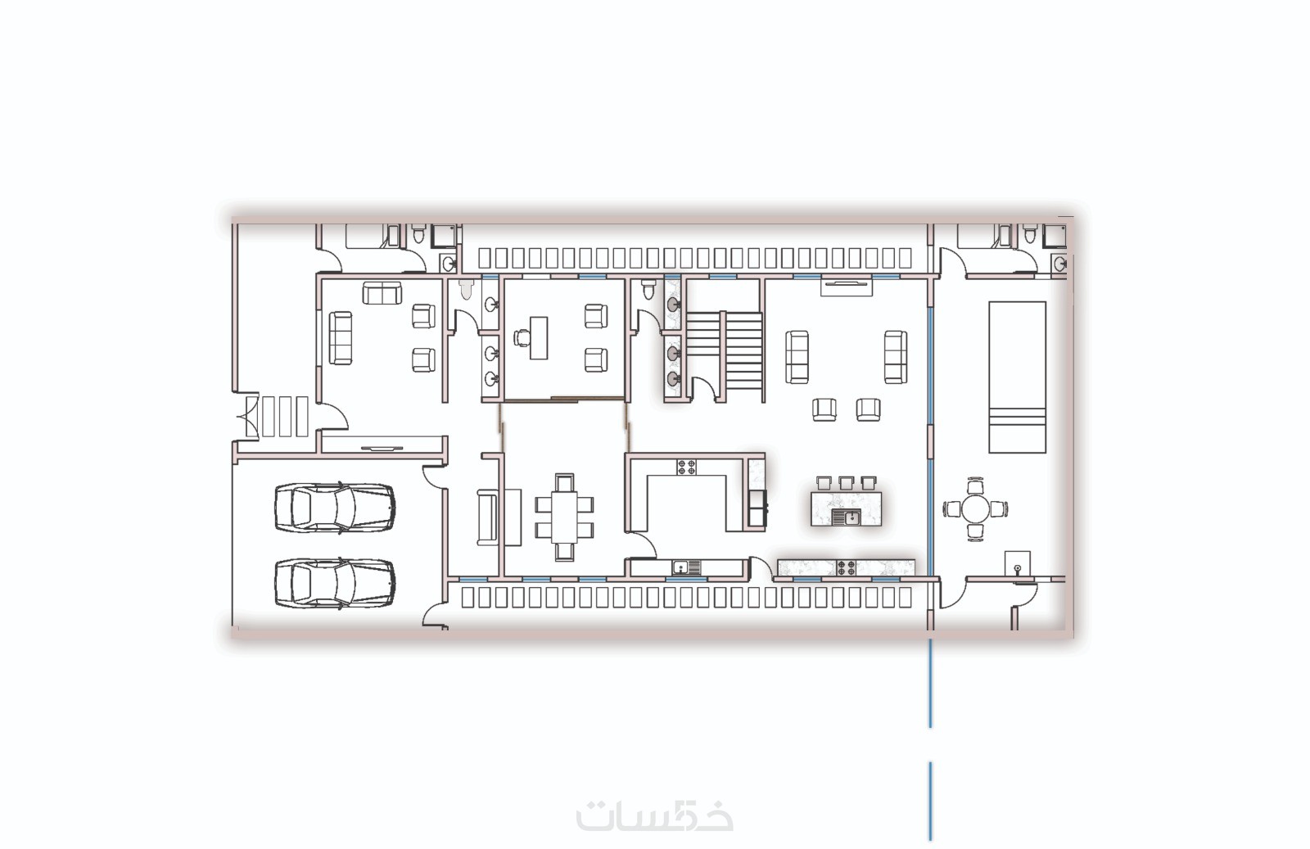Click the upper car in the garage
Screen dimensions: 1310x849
coord(335,508)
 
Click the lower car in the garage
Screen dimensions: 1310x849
coord(335,583)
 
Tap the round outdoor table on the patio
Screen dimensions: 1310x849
coord(974,508)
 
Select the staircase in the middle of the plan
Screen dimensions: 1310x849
coord(725,357)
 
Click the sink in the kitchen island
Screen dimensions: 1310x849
coord(846,517)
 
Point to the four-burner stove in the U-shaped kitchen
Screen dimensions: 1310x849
coord(687,467)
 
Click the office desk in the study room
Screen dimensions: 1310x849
coord(539,338)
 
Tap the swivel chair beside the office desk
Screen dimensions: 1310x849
coord(522,337)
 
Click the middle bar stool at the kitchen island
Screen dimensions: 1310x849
coord(847,482)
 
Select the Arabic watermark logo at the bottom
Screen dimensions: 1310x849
coord(654,815)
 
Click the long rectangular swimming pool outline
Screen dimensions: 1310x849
coord(1017,377)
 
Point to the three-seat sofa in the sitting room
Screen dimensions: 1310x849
coord(341,338)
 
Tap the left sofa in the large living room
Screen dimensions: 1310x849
coord(797,357)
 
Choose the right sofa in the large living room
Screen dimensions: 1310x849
coord(896,357)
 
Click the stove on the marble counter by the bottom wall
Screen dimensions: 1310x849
coord(846,567)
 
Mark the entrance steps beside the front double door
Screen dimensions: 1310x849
coord(285,417)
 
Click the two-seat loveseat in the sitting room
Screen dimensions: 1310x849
coord(382,293)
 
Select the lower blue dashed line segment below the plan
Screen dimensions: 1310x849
coord(930,801)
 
